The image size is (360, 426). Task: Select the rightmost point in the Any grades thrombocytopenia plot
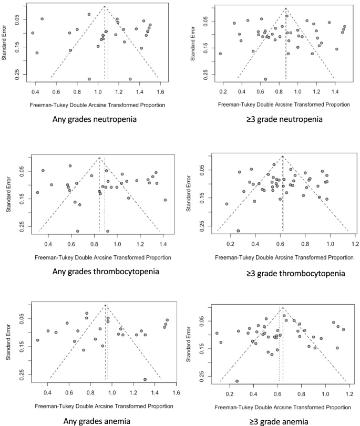coord(165,200)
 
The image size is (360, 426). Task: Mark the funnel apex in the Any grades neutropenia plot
coord(105,6)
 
